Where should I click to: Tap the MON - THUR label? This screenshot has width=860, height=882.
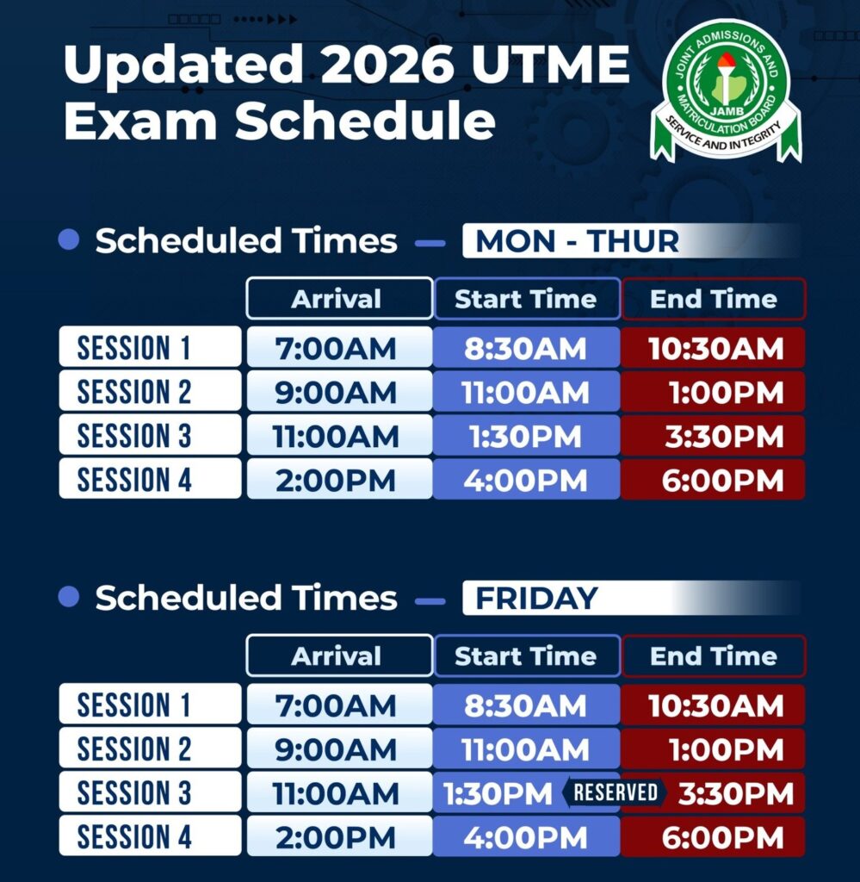tap(577, 241)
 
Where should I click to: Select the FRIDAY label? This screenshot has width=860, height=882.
tap(536, 598)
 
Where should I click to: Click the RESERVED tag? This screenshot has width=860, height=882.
tap(615, 792)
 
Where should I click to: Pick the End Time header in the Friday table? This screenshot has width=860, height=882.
tap(714, 655)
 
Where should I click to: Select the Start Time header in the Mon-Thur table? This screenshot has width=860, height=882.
tap(527, 298)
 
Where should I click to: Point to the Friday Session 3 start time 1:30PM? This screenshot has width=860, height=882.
tap(498, 793)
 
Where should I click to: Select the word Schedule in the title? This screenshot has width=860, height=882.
tap(365, 121)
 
